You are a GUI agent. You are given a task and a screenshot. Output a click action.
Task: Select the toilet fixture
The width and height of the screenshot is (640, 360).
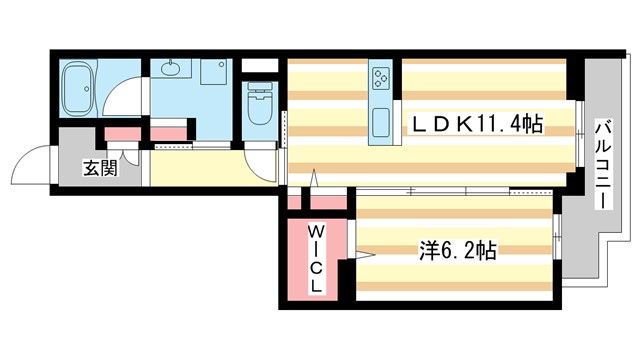(259, 105)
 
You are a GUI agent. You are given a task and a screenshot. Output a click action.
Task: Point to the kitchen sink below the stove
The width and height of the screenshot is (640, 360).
(381, 122)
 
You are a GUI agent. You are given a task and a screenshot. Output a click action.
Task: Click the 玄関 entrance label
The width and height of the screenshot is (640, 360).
(101, 167)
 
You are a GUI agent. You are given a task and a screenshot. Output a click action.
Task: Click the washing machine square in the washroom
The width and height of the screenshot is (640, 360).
(214, 73)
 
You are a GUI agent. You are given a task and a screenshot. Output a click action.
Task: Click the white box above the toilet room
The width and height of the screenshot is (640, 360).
(259, 68)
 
